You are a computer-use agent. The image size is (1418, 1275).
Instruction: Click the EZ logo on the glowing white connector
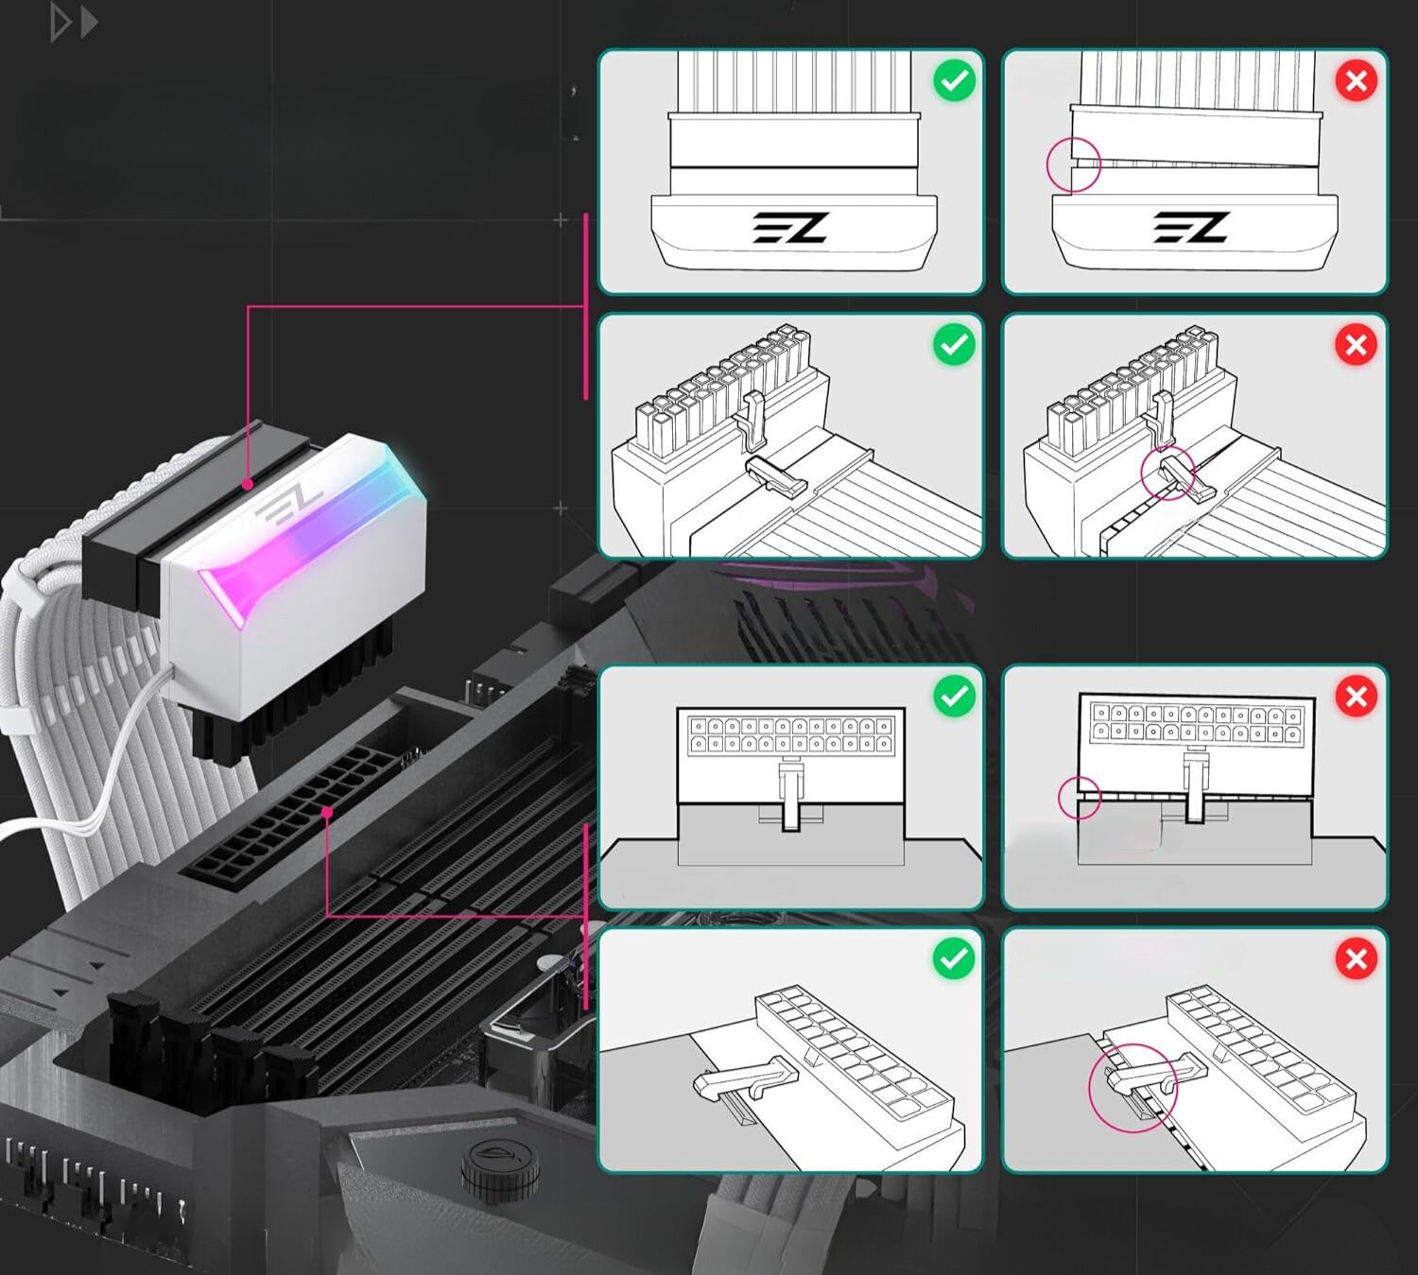[287, 505]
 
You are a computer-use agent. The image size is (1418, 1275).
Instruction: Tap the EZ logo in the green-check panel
[790, 228]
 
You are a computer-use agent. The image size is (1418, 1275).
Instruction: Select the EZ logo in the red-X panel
[1191, 228]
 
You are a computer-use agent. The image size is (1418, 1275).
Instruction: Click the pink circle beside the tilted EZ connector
[1074, 164]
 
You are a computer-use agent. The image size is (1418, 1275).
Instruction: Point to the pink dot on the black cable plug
[248, 484]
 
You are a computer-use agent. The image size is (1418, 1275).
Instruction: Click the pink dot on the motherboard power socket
[326, 812]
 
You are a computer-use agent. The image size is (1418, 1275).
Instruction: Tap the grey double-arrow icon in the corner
[74, 23]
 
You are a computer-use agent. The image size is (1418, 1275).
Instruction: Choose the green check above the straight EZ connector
[955, 81]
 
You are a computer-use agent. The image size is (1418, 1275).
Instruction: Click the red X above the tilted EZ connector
[1357, 81]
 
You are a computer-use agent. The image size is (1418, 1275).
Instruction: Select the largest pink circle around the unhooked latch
[1133, 1088]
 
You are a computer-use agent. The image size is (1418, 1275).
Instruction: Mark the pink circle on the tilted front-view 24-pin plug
[1079, 797]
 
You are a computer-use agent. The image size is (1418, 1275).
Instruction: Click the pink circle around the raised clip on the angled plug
[1168, 474]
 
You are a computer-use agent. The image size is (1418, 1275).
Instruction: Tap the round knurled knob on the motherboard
[500, 1169]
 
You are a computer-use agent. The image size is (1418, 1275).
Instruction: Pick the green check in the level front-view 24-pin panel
[955, 697]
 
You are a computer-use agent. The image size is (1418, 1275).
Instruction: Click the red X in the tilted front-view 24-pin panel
[1357, 697]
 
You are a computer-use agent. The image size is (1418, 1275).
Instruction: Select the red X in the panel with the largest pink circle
[1357, 959]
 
